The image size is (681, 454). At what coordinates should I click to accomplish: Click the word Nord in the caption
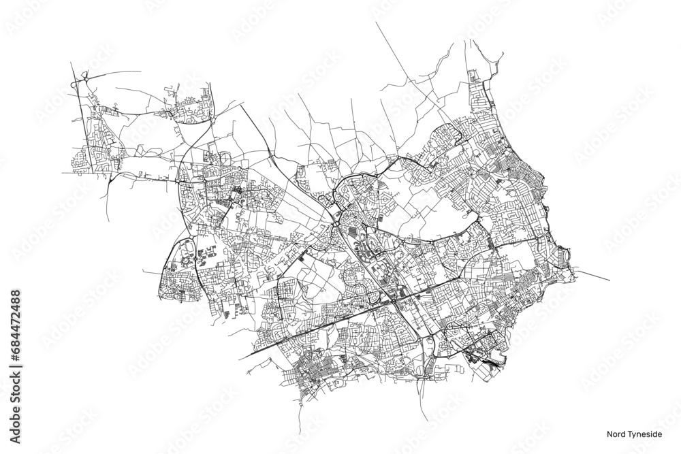[x=616, y=430]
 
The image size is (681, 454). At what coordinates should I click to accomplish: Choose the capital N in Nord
[x=610, y=430]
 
